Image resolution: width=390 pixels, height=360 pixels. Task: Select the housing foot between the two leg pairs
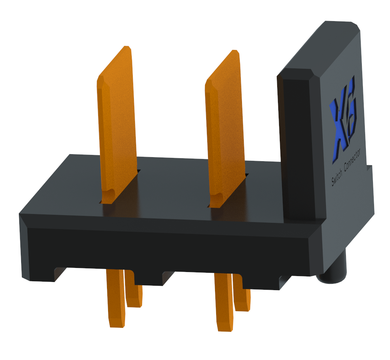click(148, 279)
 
